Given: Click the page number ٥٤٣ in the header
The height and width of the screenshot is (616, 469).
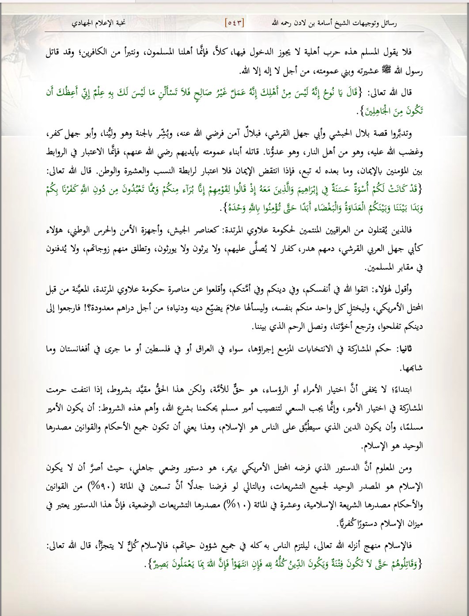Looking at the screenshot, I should tap(235, 22).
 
